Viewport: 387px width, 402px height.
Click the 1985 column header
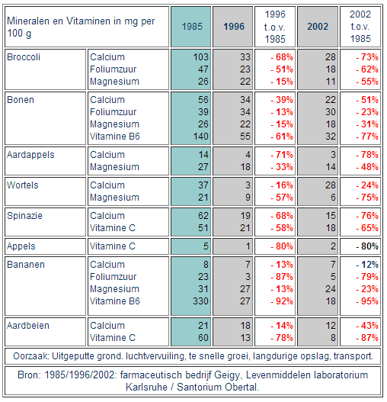(x=192, y=27)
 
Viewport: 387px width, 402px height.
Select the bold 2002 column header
(x=318, y=27)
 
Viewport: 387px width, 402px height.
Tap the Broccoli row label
(x=24, y=57)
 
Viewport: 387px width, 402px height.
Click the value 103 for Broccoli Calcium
(x=201, y=57)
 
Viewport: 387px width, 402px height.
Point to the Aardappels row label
(x=30, y=155)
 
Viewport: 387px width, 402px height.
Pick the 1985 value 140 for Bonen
(x=201, y=137)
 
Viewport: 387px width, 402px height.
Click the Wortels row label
(x=23, y=185)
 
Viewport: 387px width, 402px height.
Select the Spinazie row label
(x=24, y=216)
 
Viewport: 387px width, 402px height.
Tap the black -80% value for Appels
(x=367, y=246)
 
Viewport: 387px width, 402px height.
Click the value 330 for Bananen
(x=200, y=301)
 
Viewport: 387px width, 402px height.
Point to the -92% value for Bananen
(x=282, y=301)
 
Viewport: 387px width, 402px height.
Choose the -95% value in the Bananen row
(x=367, y=301)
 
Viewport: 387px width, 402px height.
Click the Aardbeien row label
(x=28, y=326)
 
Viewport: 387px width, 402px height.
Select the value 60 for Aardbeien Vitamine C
(x=203, y=338)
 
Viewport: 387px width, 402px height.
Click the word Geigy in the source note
(x=228, y=375)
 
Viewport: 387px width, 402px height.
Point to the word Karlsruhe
(x=146, y=388)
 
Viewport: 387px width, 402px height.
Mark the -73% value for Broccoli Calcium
(x=367, y=57)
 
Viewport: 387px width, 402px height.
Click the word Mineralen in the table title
(x=28, y=21)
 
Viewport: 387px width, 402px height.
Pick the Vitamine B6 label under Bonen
(x=115, y=137)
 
